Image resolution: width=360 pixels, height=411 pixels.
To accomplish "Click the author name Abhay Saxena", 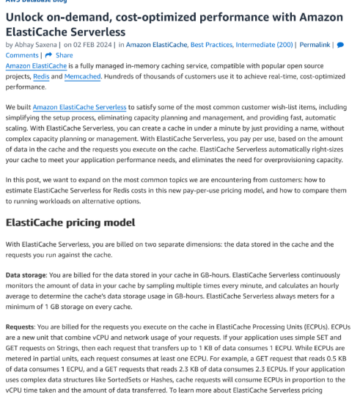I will tap(39, 45).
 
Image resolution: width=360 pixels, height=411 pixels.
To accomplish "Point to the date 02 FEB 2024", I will tap(93, 45).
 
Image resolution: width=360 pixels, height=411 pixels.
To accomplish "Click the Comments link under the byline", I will tap(22, 55).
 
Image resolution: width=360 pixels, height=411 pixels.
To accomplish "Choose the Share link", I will tap(65, 55).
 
